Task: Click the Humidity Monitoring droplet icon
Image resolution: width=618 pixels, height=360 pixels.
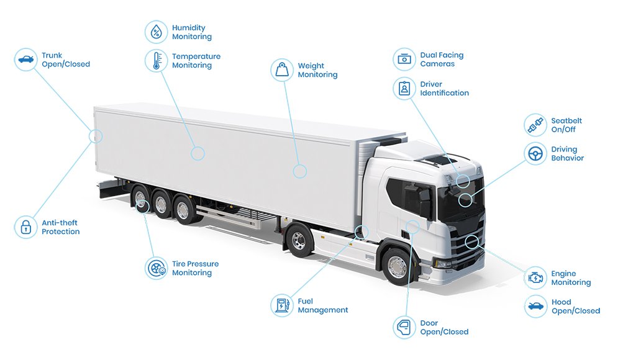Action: point(157,32)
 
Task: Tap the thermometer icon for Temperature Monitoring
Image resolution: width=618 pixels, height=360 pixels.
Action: point(157,61)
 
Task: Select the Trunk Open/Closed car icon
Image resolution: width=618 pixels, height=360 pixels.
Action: point(26,60)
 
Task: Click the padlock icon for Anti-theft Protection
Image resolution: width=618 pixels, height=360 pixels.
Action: point(26,227)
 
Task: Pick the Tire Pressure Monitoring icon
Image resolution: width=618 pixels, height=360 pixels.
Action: point(157,268)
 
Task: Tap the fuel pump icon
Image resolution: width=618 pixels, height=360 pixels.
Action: point(282,305)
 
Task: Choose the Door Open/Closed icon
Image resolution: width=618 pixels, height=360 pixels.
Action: point(404,327)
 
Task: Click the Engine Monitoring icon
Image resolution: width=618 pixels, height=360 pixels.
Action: point(535,277)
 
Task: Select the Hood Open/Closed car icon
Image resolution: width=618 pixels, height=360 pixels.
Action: point(535,306)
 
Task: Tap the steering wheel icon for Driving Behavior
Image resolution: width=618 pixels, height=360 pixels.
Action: point(535,153)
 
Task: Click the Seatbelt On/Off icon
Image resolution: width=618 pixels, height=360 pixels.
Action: point(535,125)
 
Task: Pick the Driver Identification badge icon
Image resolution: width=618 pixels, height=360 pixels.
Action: point(404,88)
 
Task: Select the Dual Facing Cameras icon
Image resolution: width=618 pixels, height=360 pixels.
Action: point(404,60)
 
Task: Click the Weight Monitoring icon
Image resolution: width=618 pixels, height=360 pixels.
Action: point(282,70)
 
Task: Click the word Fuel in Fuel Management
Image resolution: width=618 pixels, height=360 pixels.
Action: point(306,301)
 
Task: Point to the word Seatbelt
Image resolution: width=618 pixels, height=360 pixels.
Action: point(566,120)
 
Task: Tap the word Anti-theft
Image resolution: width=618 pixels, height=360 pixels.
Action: point(60,223)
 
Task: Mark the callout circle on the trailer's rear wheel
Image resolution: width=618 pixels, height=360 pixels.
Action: point(142,205)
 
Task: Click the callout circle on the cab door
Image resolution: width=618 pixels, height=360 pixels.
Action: point(412,227)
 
